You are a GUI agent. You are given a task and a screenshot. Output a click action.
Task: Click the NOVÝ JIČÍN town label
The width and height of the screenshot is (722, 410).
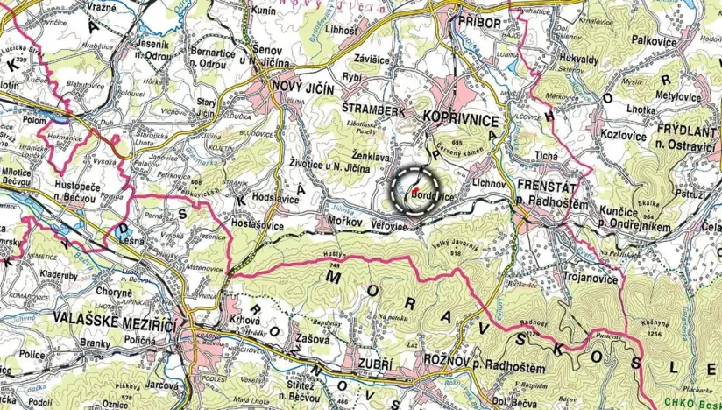pos(303,87)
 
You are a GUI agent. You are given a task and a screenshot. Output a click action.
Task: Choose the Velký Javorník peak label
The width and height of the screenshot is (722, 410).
pos(456,244)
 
